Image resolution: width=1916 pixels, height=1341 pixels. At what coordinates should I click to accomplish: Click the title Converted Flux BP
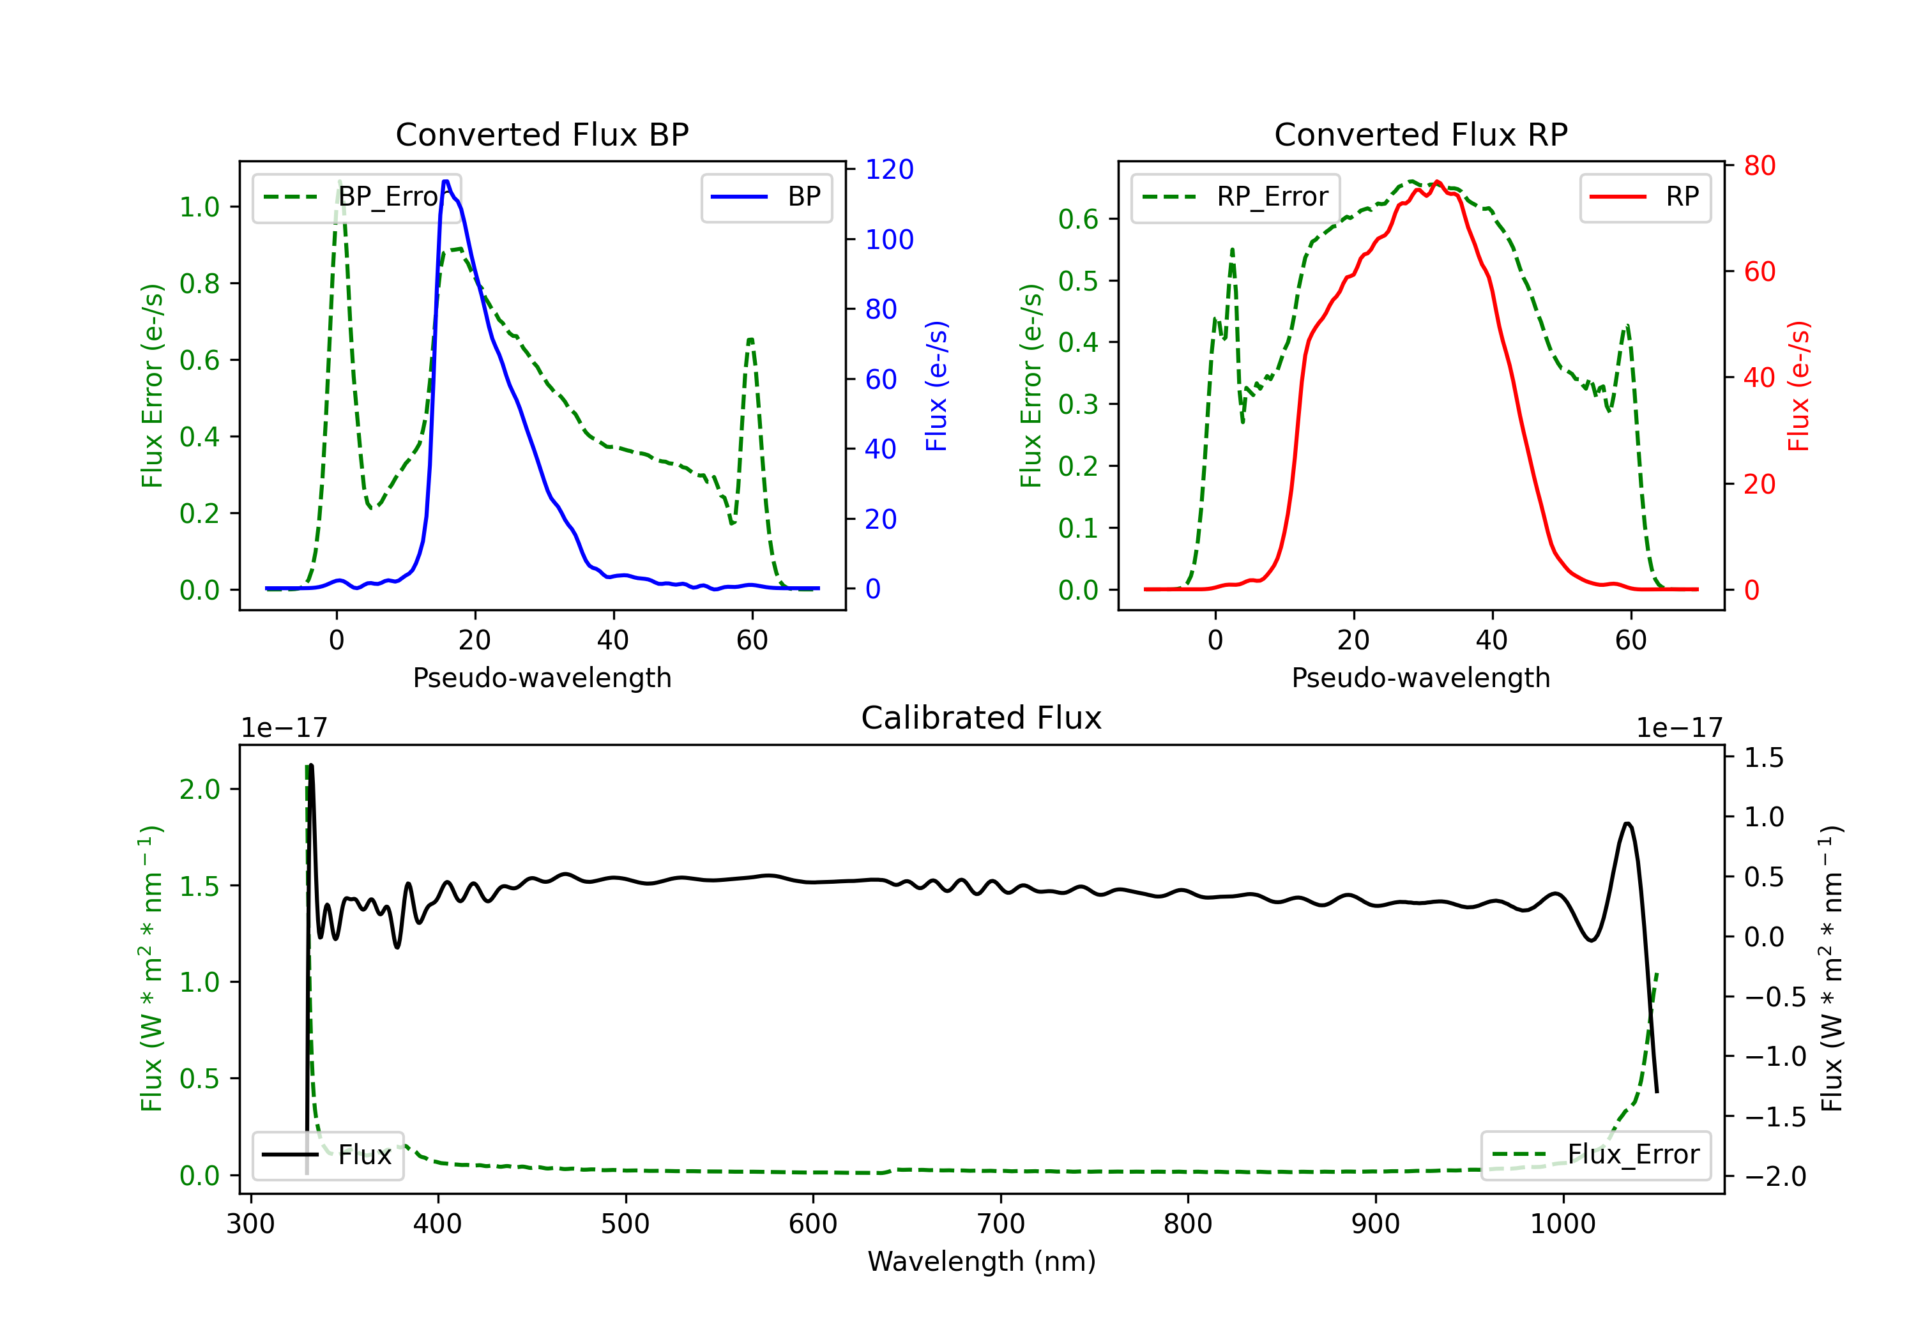click(x=542, y=134)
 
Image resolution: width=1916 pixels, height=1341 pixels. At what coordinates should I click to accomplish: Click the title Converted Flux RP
click(x=1420, y=134)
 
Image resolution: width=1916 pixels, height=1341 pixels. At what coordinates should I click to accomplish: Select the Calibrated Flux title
click(x=982, y=718)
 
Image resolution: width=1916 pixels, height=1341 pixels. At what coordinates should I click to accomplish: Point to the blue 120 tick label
click(x=890, y=169)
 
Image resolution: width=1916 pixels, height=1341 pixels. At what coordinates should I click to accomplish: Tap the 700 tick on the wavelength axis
click(x=1001, y=1224)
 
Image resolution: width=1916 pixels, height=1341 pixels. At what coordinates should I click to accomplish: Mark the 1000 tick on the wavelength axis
click(x=1563, y=1224)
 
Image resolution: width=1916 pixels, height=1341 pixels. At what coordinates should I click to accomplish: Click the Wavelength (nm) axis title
click(x=982, y=1262)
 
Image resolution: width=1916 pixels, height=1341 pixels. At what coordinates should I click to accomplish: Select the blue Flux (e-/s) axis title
click(x=936, y=386)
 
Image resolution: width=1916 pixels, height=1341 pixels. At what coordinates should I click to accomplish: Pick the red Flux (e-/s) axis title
click(x=1798, y=386)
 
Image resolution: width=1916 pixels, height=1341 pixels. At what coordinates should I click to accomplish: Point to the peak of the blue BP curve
click(x=446, y=181)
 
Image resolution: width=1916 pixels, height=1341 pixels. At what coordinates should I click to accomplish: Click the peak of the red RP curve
click(x=1437, y=182)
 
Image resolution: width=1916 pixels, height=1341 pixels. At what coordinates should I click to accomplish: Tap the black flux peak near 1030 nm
click(x=1627, y=824)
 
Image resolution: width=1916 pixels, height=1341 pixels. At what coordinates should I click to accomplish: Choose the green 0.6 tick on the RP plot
click(x=1078, y=220)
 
